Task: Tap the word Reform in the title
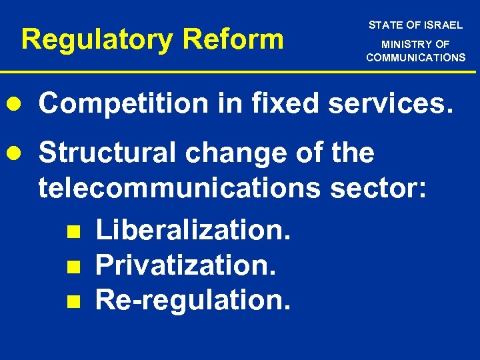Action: (x=233, y=39)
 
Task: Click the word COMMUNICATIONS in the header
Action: (x=415, y=57)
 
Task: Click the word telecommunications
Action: (x=179, y=189)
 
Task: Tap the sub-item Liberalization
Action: (x=193, y=230)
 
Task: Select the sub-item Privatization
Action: (x=186, y=265)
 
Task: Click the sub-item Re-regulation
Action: (x=193, y=301)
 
